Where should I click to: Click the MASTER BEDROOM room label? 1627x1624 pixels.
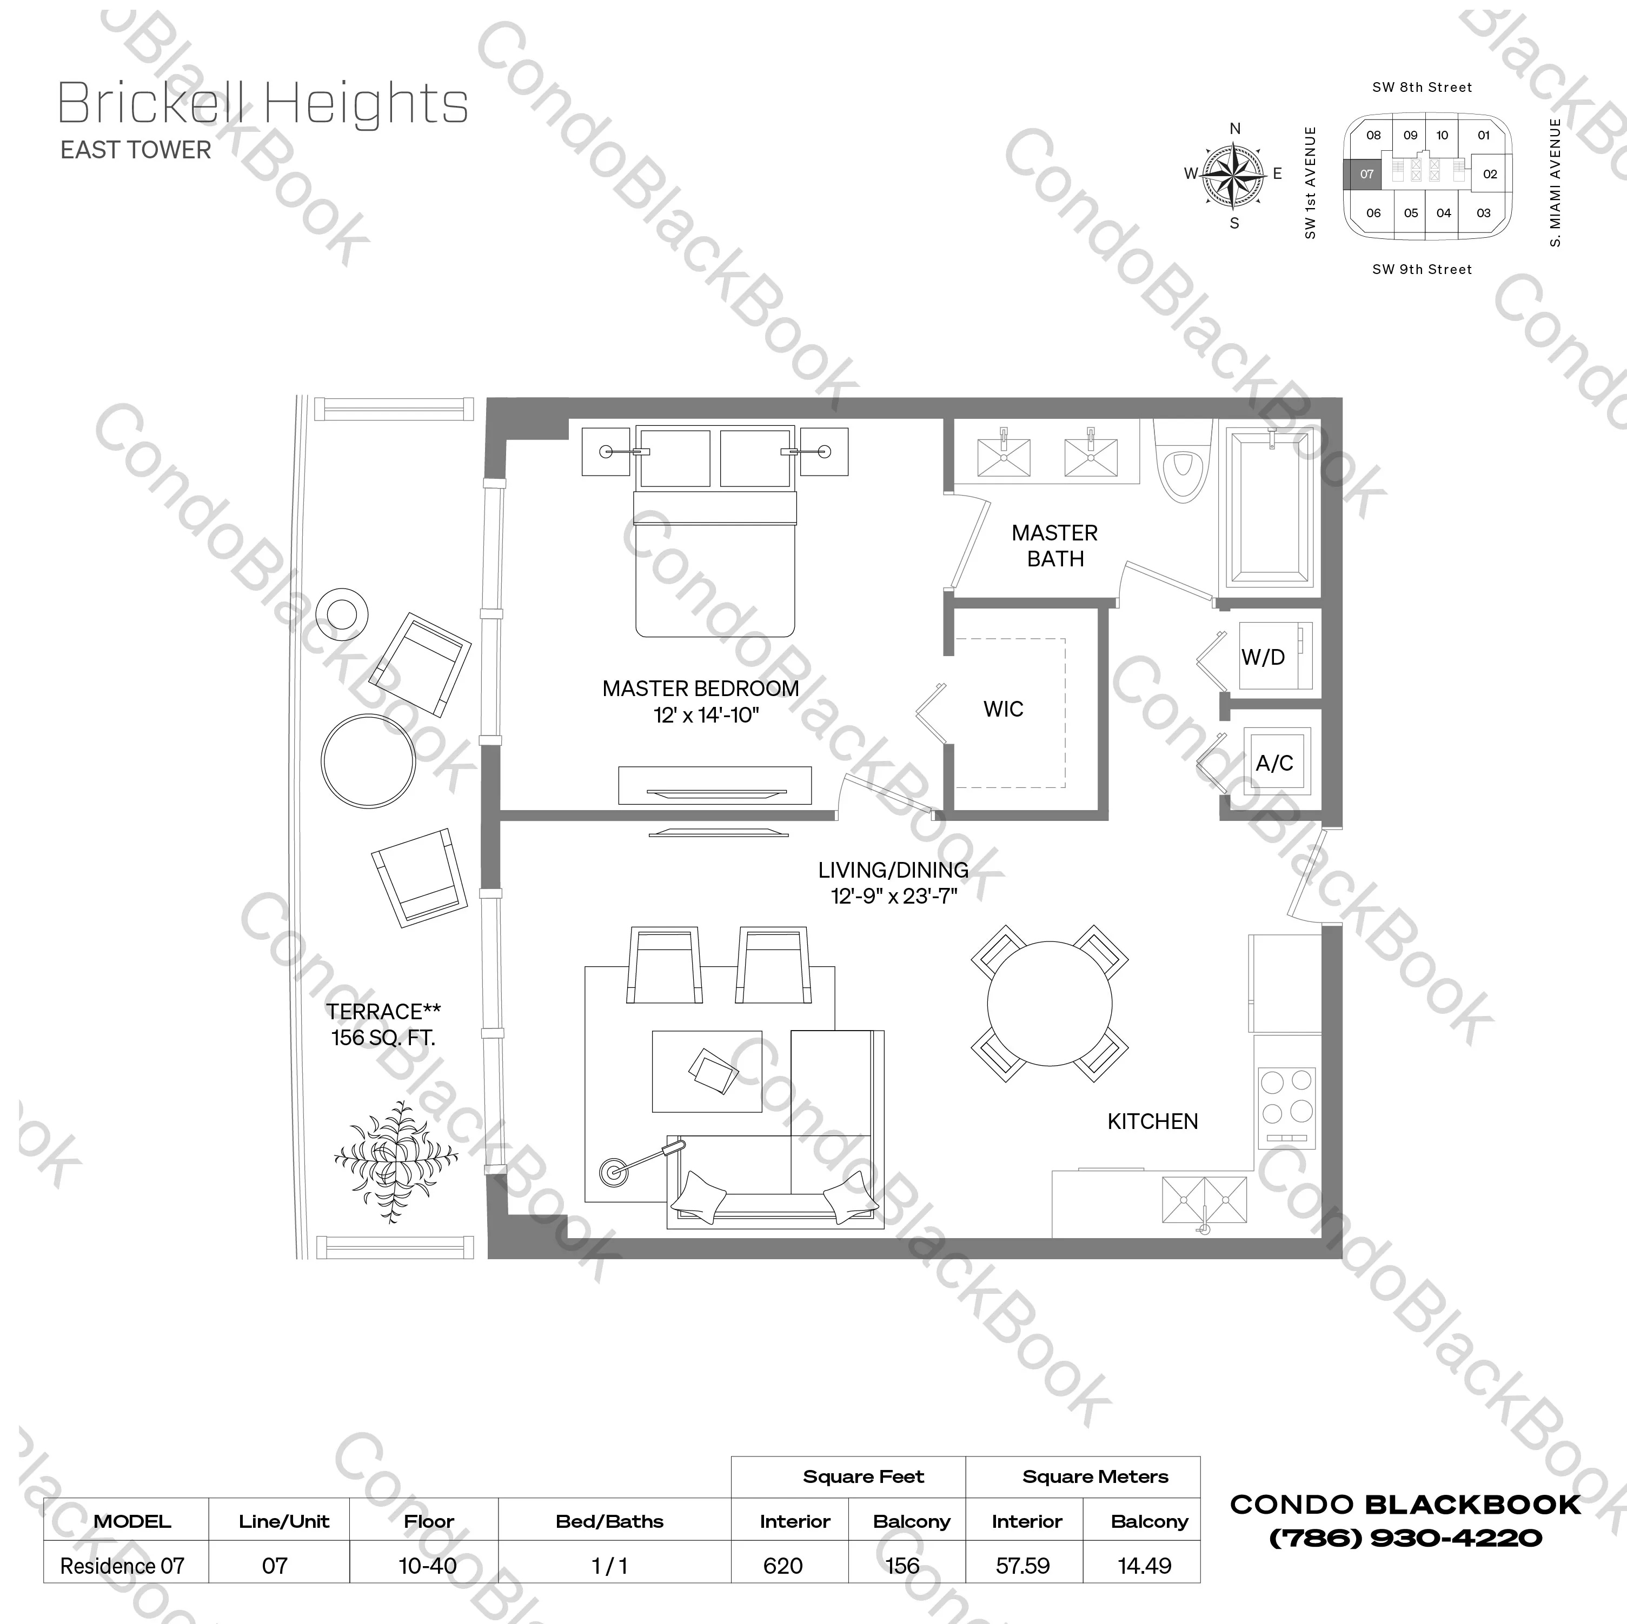701,689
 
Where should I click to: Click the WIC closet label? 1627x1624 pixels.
1003,710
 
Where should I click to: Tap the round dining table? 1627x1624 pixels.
1050,1004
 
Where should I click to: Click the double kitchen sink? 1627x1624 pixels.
1204,1199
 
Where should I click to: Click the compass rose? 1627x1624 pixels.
1234,175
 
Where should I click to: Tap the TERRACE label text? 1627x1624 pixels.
383,1011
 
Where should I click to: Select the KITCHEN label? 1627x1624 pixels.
1152,1121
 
